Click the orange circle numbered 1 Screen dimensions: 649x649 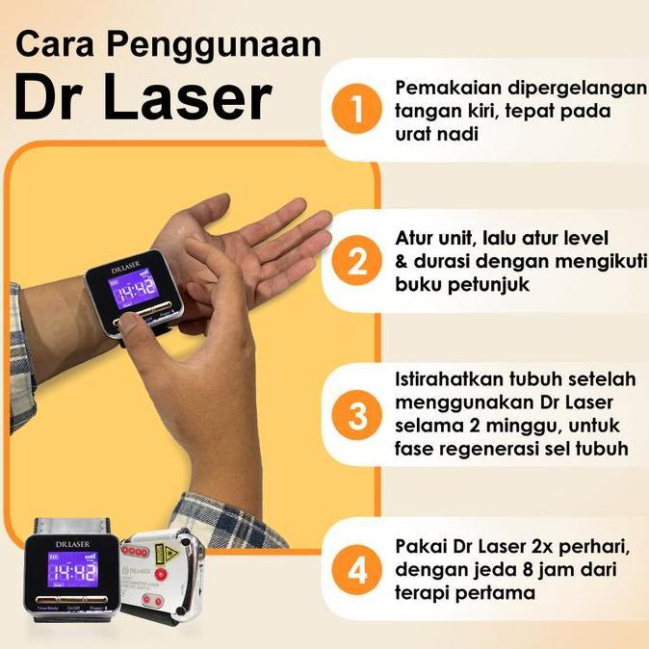(x=358, y=111)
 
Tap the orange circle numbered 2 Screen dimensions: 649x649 (x=358, y=261)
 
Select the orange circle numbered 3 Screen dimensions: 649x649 (x=358, y=417)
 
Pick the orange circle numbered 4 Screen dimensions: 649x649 (x=358, y=570)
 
